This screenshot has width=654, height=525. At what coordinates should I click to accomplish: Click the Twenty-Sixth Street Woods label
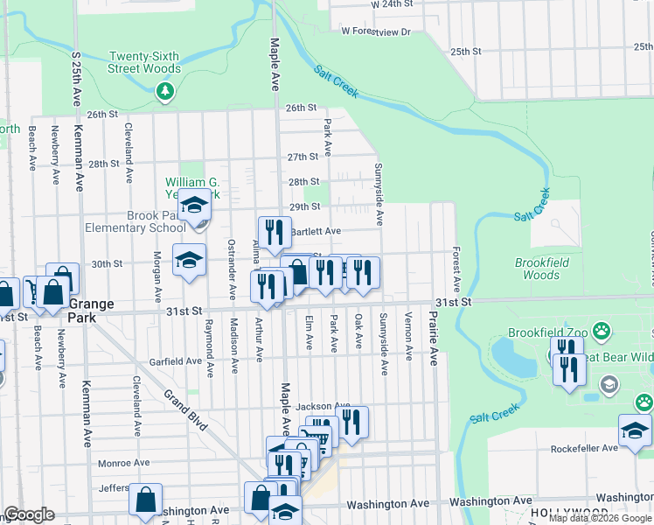coord(144,62)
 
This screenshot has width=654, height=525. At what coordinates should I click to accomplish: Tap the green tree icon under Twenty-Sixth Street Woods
coord(164,90)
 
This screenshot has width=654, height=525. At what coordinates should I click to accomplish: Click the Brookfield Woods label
coord(542,269)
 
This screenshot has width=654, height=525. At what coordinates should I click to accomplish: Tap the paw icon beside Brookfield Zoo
coord(602,331)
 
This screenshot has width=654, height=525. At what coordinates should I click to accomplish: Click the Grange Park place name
coord(92,310)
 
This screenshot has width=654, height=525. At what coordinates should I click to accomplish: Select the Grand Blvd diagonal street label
coord(185,410)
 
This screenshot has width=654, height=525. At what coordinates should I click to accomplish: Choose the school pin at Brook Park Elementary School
coord(195,206)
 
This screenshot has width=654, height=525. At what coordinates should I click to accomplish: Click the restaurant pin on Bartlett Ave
coord(275,232)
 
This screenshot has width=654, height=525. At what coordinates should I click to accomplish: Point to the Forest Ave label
coord(456,269)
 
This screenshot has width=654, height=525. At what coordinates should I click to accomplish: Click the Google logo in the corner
coord(29,514)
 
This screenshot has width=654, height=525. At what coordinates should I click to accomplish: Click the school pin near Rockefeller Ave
coord(635,430)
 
